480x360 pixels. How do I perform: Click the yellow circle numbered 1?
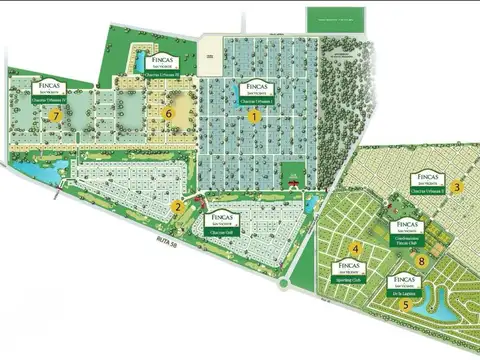coord(254,116)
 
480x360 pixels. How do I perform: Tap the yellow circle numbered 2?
coord(177,208)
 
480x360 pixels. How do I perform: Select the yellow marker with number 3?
coord(457,186)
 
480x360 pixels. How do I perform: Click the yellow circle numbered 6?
coord(169,114)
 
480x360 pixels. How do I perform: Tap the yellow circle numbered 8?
coord(422,262)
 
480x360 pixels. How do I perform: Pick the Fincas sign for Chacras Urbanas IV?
coord(50,93)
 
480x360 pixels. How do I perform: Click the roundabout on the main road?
coord(283,284)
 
